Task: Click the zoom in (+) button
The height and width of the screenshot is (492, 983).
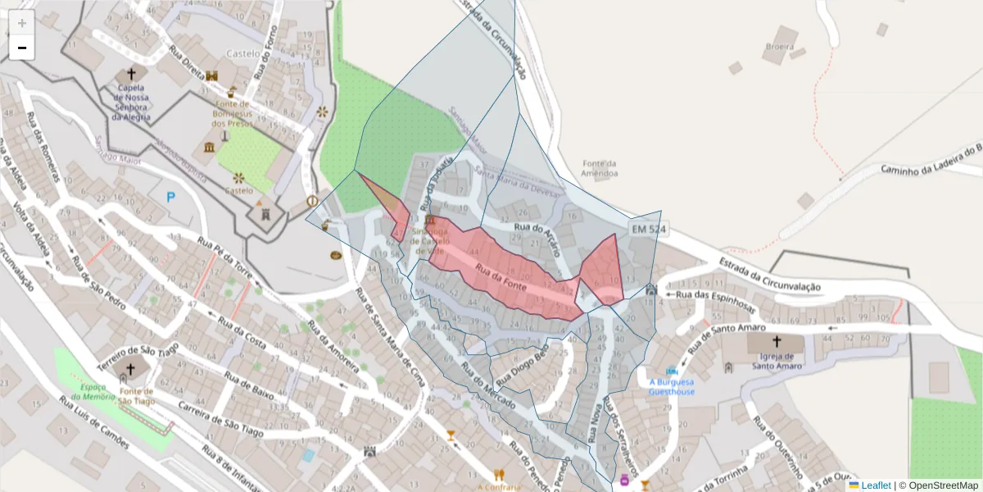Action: tap(22, 23)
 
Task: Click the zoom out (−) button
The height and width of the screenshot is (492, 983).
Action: tap(22, 48)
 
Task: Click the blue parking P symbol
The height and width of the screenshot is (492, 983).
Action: tap(171, 197)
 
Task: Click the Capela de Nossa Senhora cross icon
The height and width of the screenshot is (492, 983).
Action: tap(131, 74)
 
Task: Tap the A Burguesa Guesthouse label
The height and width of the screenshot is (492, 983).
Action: tap(672, 386)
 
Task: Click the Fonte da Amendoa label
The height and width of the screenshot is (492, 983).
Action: tap(599, 168)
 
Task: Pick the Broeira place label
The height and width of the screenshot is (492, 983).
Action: tap(780, 47)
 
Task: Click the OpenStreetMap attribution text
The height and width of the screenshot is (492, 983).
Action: tap(943, 485)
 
